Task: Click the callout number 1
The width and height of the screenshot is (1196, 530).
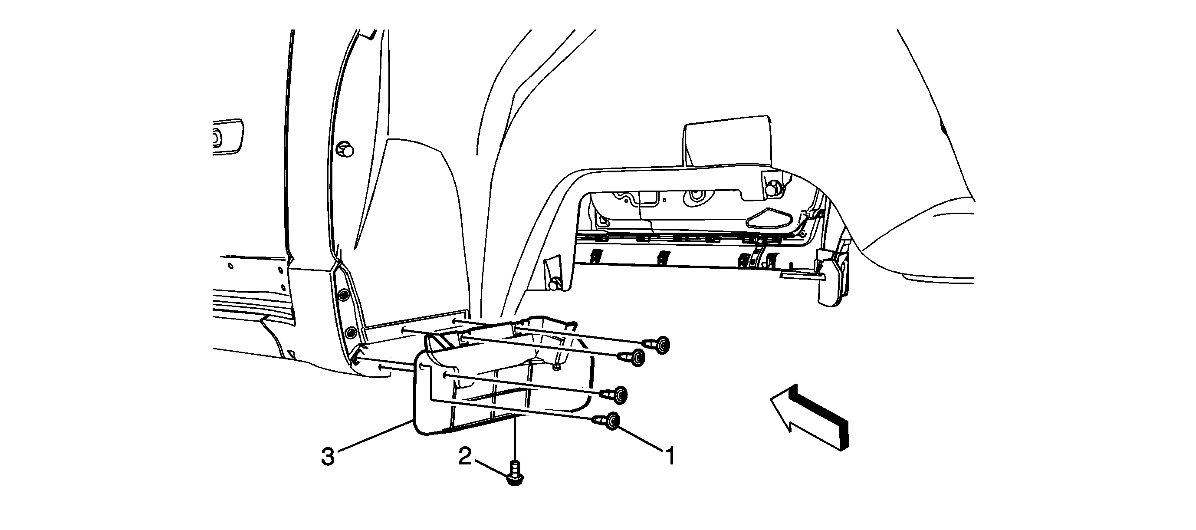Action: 670,456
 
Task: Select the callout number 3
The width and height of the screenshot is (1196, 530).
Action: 328,457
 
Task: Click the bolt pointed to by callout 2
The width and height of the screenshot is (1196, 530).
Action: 515,473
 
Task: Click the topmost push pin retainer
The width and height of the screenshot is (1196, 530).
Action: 657,345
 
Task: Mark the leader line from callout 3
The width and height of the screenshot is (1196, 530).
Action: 375,436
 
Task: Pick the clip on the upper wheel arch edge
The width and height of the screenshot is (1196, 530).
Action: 345,150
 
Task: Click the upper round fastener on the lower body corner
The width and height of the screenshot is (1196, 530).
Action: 344,296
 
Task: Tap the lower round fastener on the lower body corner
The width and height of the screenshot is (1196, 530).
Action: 352,332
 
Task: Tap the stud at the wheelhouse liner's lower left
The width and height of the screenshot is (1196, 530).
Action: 553,283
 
